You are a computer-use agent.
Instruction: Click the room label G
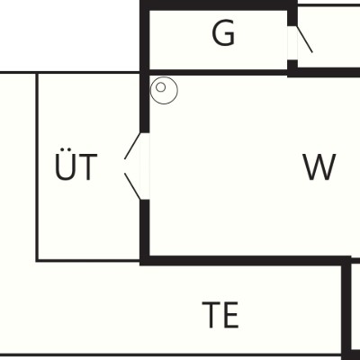tap(223, 33)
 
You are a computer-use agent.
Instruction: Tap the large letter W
tap(319, 166)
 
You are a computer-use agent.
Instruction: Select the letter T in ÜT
tap(87, 167)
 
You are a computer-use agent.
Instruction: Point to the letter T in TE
tap(211, 315)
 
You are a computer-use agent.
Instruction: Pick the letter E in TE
tap(232, 315)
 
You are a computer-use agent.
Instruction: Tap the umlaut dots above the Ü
tap(65, 149)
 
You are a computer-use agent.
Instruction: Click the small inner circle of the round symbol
tap(161, 87)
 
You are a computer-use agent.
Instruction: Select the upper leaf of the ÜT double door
tap(132, 146)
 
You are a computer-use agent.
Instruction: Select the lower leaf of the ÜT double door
tap(132, 186)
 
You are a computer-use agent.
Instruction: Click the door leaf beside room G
tap(304, 40)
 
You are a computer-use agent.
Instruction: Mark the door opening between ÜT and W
tap(145, 166)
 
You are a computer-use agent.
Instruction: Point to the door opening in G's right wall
tap(292, 43)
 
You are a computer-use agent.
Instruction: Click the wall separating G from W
tap(218, 73)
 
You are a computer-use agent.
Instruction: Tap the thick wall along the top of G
tap(219, 5)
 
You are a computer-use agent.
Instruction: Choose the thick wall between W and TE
tap(246, 261)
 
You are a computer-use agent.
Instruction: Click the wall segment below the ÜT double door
tap(145, 232)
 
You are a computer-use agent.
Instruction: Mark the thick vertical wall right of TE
tap(346, 309)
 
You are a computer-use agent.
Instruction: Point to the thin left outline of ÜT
tap(37, 166)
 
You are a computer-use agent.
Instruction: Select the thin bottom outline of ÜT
tap(88, 261)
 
